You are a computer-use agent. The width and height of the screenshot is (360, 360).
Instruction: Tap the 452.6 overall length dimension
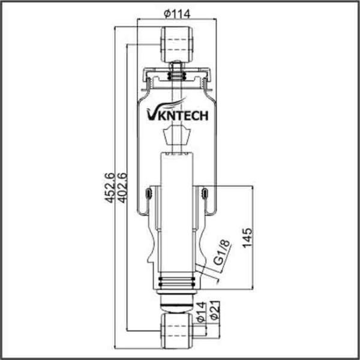109,187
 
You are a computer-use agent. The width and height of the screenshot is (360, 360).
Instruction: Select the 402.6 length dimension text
122,187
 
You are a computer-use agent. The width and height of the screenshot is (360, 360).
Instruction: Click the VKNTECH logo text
177,113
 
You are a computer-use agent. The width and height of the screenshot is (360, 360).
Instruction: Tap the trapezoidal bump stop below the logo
176,137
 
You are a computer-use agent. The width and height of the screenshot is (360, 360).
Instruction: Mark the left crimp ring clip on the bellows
148,193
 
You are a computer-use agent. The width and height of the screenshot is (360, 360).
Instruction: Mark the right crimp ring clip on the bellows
205,193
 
